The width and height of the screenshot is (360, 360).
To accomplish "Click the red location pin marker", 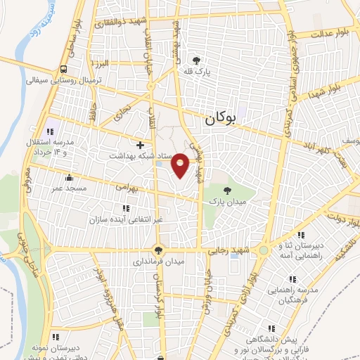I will pos(181,164).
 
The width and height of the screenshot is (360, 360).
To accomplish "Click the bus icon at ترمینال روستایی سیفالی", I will pos(64,69).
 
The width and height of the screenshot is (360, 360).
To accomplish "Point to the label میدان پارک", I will pos(226,202).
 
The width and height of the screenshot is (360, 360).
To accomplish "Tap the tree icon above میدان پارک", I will pos(226,190).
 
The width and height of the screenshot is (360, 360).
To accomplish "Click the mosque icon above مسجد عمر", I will pos(68,177).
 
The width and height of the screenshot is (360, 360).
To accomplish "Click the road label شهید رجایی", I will pos(226,251).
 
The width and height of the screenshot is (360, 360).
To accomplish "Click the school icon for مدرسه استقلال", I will pos(51,131).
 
